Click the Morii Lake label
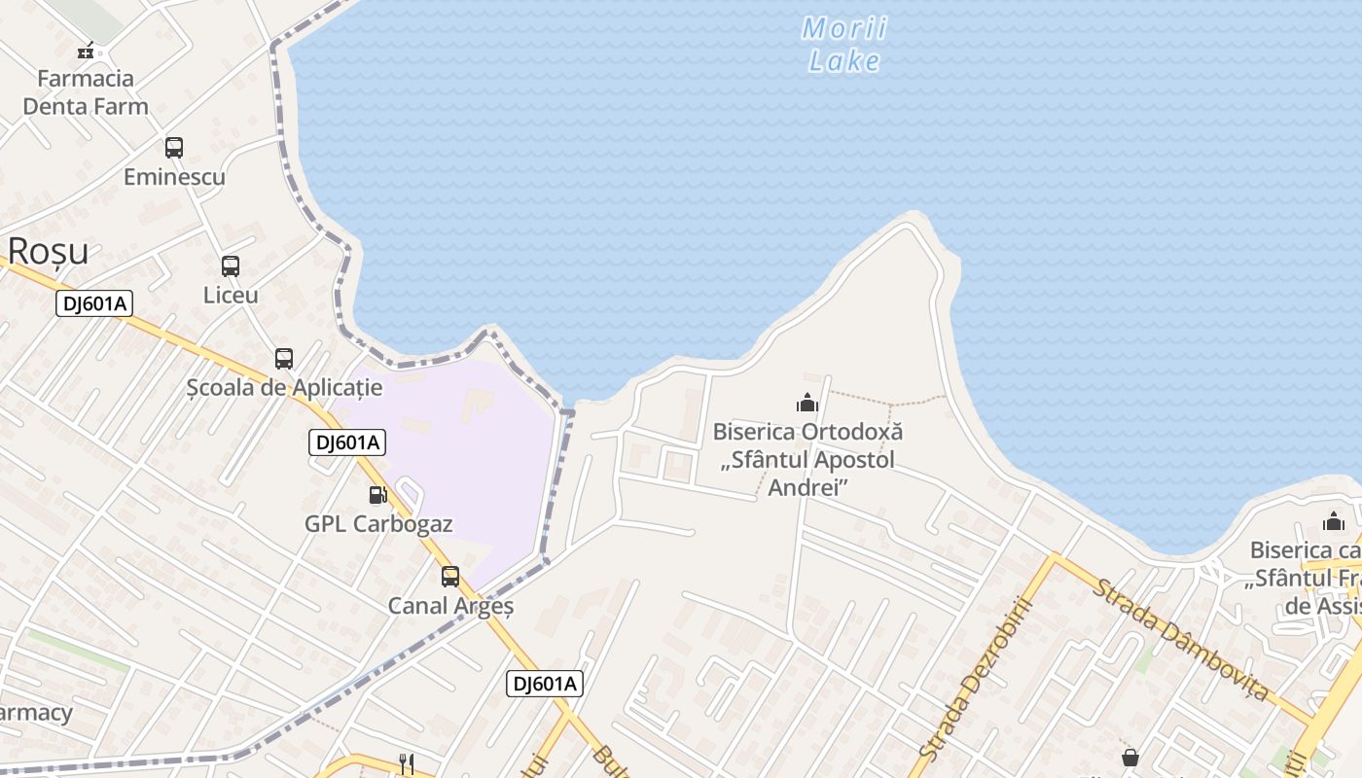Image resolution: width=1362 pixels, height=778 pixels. coord(843,45)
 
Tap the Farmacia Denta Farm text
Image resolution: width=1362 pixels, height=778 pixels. coord(86,92)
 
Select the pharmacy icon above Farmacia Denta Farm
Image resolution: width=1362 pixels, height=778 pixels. coord(86,51)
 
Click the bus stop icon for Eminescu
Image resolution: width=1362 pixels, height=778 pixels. coord(174,148)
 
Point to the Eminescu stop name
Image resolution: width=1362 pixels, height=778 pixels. coord(174,177)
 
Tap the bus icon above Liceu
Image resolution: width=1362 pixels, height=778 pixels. coord(231,265)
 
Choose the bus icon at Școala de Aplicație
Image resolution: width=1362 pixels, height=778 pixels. coord(284,358)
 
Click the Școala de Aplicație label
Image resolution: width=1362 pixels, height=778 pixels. coord(284,387)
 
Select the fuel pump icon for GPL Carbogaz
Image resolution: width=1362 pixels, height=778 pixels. coord(377,495)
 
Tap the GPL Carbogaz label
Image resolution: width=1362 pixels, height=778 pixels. coord(378,523)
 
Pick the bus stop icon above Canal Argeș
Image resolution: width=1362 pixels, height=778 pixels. coord(450,576)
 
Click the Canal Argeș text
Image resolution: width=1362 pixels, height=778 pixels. coord(450,606)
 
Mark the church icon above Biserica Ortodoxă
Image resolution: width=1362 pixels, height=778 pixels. coord(807,403)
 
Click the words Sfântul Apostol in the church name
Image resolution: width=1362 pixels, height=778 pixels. coord(807,459)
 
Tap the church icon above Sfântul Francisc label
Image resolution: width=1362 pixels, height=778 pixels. coord(1334,522)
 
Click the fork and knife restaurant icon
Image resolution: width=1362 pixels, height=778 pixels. coord(407,763)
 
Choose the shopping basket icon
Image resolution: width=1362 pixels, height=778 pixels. coord(1130,757)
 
